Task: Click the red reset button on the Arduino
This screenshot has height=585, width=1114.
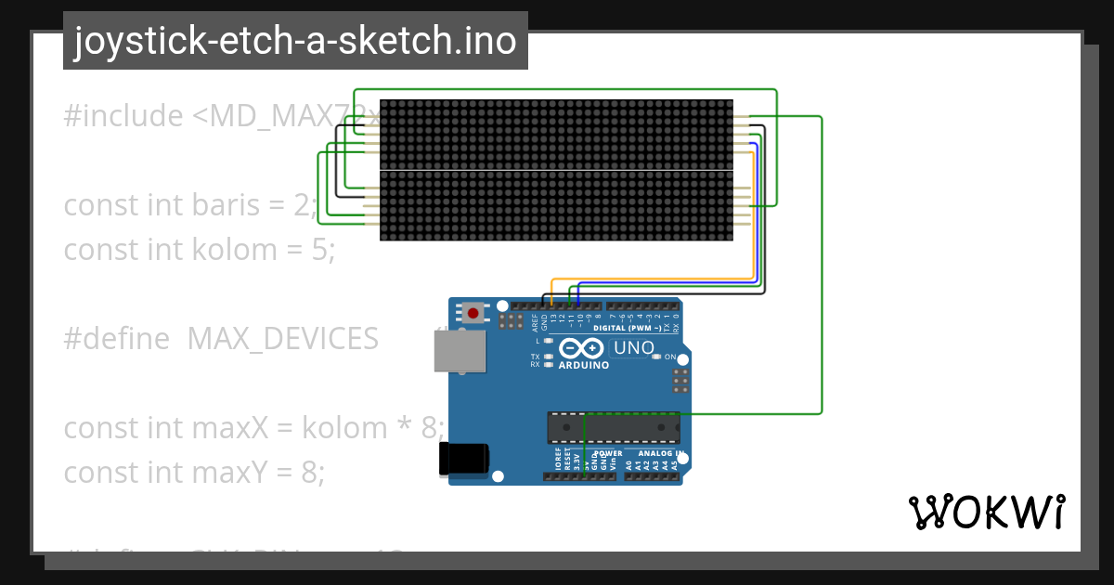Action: pyautogui.click(x=473, y=313)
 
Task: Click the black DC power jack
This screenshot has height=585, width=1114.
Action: pyautogui.click(x=463, y=459)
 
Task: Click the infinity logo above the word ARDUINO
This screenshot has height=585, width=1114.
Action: pyautogui.click(x=582, y=349)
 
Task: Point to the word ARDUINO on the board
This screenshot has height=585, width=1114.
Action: pyautogui.click(x=584, y=365)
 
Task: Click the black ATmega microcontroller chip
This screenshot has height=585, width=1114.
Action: pyautogui.click(x=613, y=427)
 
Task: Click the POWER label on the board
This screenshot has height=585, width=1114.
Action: pyautogui.click(x=608, y=453)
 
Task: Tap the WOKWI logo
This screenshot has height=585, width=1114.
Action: pyautogui.click(x=986, y=512)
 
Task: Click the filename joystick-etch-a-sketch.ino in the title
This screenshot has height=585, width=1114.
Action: pyautogui.click(x=295, y=41)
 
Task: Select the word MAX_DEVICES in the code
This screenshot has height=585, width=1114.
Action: pyautogui.click(x=282, y=339)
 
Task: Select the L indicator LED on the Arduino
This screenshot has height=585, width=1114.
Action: pyautogui.click(x=549, y=342)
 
